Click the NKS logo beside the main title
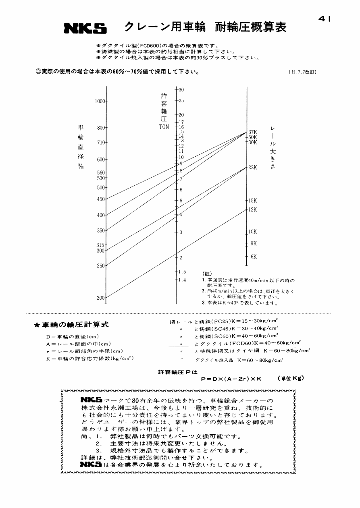pyautogui.click(x=85, y=29)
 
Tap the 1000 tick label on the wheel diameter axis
pyautogui.click(x=100, y=102)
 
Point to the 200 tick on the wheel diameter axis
pyautogui.click(x=100, y=298)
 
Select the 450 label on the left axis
pyautogui.click(x=100, y=199)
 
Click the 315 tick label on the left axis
pyautogui.click(x=100, y=245)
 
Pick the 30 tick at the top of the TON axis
pyautogui.click(x=181, y=89)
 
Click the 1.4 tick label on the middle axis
pyautogui.click(x=182, y=280)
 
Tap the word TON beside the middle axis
pyautogui.click(x=164, y=127)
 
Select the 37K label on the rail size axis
pyautogui.click(x=253, y=132)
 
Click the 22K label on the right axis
pyautogui.click(x=253, y=167)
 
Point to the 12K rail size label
pyautogui.click(x=253, y=209)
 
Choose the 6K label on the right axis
pyautogui.click(x=254, y=257)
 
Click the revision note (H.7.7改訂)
pyautogui.click(x=302, y=72)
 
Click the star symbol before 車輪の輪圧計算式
pyautogui.click(x=36, y=325)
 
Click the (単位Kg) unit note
pyautogui.click(x=290, y=378)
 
